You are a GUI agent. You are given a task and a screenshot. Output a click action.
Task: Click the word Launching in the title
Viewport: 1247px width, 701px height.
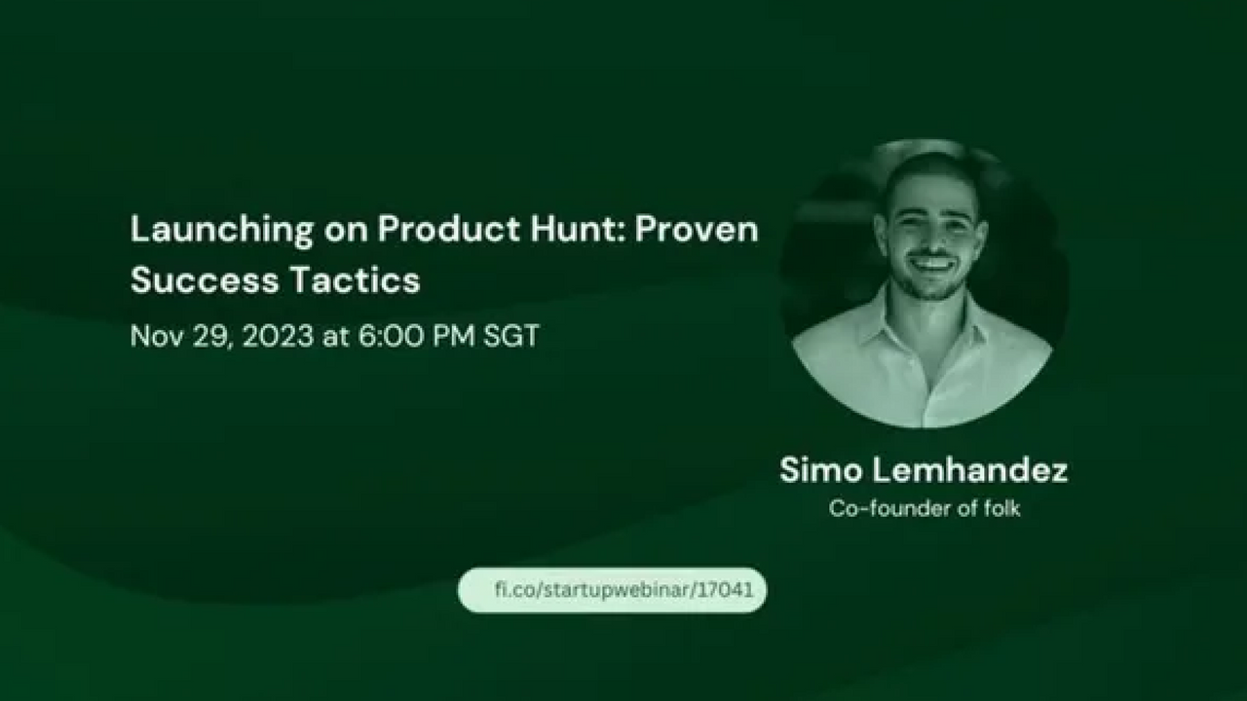coord(221,231)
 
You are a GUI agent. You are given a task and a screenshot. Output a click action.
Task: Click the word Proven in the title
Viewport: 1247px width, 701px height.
coord(697,229)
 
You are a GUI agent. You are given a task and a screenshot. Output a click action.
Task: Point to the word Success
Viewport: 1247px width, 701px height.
coord(205,279)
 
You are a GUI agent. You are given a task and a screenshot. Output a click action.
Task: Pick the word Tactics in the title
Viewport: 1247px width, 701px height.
coord(356,279)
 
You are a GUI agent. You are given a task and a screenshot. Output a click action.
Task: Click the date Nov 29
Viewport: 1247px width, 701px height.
coord(180,336)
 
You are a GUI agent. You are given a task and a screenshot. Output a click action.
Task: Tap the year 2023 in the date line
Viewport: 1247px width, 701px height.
coord(278,336)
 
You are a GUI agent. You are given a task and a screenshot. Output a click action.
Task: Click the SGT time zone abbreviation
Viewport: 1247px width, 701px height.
coord(511,336)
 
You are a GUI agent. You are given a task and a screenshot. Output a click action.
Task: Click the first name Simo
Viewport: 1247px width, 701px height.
coord(820,469)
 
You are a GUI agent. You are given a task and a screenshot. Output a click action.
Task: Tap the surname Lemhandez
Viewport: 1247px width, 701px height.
coord(969,469)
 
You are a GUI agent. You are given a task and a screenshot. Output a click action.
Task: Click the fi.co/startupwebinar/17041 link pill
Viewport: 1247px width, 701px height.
coord(612,590)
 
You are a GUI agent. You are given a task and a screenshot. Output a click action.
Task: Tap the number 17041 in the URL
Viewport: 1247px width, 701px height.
coord(725,589)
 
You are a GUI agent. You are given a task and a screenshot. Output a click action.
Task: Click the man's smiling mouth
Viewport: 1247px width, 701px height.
coord(933,263)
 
